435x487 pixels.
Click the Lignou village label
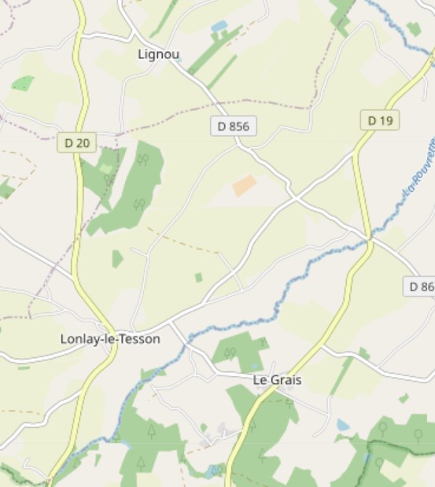(x=158, y=54)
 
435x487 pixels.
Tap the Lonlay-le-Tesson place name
(x=110, y=339)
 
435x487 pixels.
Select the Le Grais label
(x=277, y=380)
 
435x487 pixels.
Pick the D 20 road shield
(x=77, y=142)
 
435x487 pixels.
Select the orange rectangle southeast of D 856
(x=245, y=186)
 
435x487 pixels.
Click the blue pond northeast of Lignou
(x=219, y=27)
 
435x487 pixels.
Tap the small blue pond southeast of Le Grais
(x=343, y=425)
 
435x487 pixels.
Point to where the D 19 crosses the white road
(x=369, y=237)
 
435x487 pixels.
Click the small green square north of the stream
(x=198, y=277)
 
